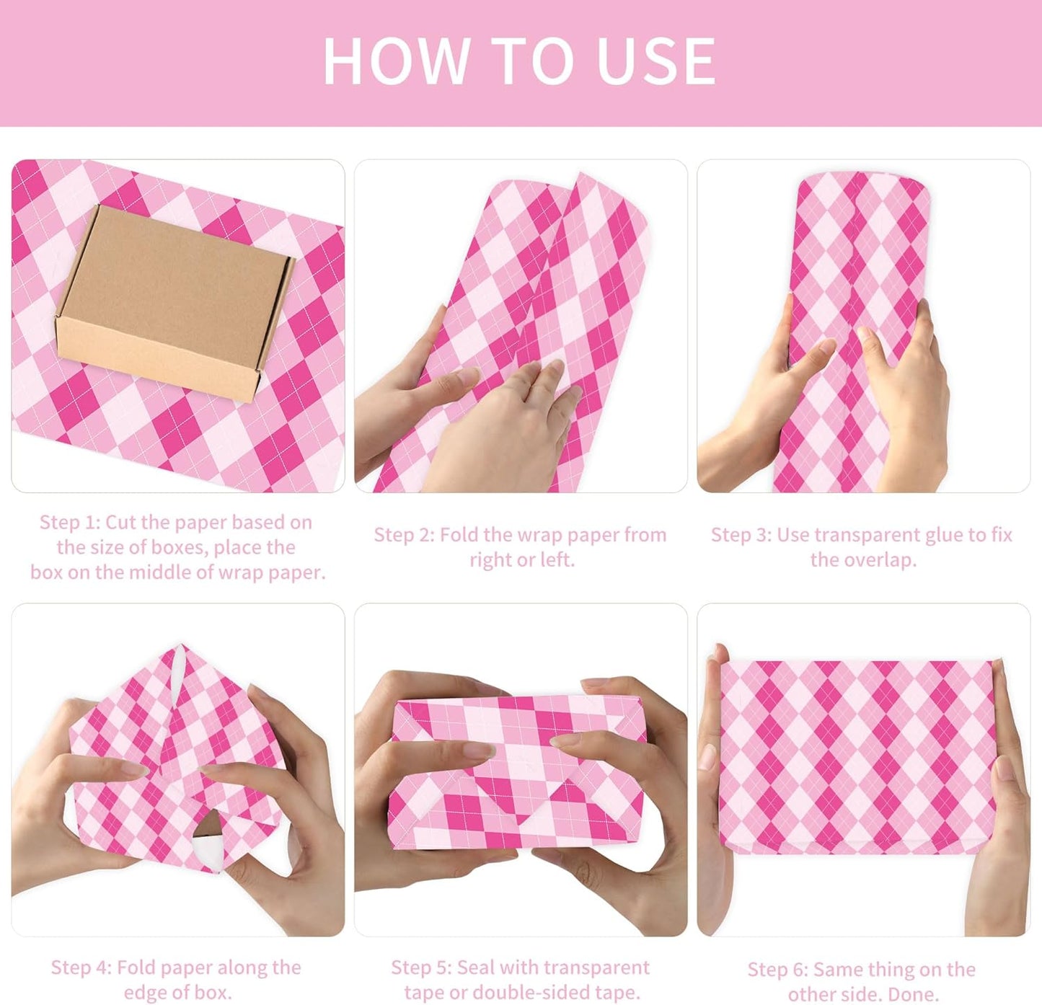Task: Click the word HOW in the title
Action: pyautogui.click(x=395, y=61)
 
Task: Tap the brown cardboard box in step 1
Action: pyautogui.click(x=175, y=303)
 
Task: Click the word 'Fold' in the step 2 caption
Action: pyautogui.click(x=460, y=535)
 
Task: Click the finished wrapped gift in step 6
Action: pyautogui.click(x=857, y=757)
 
